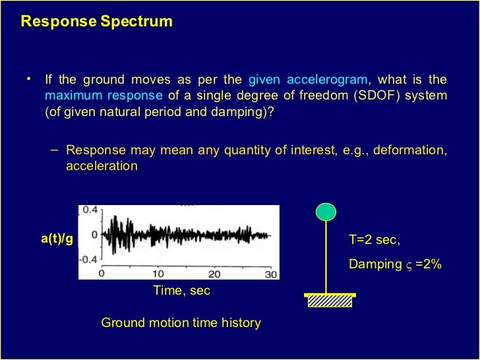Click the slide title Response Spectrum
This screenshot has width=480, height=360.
point(96,21)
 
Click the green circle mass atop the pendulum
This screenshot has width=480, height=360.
point(325,212)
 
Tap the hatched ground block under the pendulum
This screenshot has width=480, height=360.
point(330,301)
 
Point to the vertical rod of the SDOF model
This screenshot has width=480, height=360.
point(326,257)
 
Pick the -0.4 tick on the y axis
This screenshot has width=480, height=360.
point(88,258)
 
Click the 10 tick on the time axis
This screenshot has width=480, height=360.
point(158,273)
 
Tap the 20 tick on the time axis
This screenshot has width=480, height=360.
point(215,273)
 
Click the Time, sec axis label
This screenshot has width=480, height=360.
point(181,290)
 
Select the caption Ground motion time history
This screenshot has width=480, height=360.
point(181,323)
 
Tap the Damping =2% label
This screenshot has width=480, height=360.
point(395,264)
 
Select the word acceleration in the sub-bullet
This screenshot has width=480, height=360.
point(102,166)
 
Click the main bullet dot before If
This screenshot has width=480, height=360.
point(29,80)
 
